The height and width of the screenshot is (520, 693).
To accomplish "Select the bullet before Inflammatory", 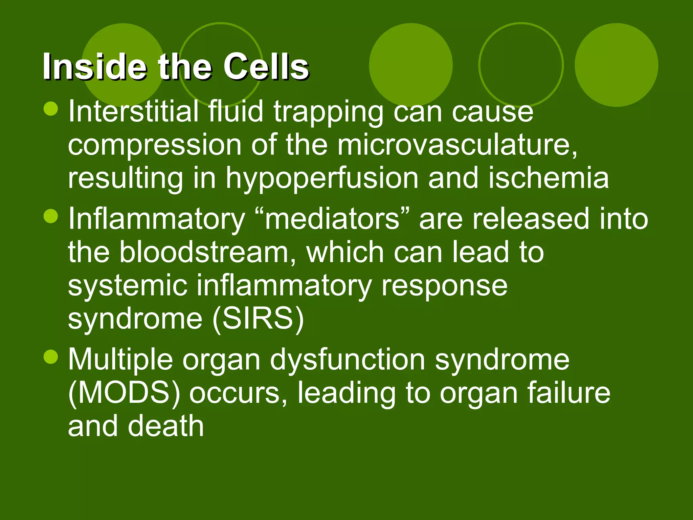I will [x=51, y=216].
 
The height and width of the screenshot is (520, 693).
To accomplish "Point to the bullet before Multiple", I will [x=51, y=357].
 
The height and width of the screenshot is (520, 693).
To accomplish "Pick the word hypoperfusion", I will [x=322, y=178].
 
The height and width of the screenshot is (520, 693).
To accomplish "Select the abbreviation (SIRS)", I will [x=258, y=319].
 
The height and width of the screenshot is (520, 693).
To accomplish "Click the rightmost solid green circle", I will [x=616, y=65].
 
